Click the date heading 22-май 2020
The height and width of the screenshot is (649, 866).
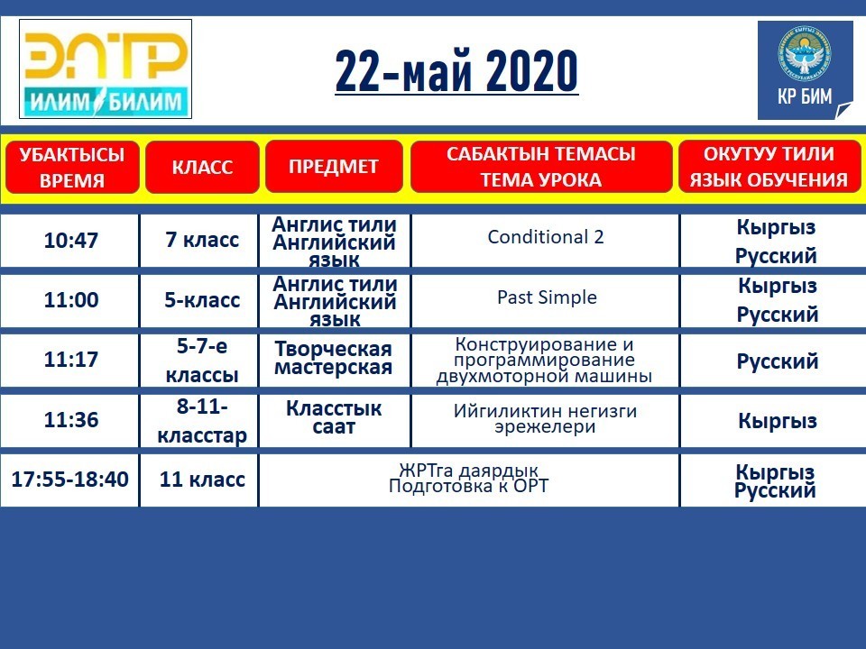456,70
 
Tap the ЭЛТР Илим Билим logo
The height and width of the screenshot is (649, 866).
106,69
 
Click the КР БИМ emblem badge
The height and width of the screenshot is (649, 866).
806,70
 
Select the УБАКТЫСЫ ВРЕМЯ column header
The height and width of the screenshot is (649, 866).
72,168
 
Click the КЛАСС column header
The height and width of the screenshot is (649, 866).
202,168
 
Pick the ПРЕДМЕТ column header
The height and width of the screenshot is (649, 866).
334,166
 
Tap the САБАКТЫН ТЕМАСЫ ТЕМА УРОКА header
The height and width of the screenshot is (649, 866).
541,166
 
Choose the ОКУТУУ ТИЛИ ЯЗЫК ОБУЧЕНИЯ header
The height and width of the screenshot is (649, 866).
769,166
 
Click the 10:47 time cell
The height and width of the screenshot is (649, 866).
70,241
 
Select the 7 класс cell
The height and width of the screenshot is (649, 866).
202,240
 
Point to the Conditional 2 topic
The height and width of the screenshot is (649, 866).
546,237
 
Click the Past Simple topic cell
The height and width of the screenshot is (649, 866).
547,297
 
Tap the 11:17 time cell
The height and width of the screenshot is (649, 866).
70,360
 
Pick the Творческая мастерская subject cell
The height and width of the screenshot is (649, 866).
334,358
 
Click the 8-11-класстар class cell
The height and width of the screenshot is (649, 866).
202,421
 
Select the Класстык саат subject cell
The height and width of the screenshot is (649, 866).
334,417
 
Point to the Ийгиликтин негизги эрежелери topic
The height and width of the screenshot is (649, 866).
545,419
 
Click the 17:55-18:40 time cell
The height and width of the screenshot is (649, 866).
70,479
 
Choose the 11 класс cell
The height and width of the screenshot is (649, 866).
202,479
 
